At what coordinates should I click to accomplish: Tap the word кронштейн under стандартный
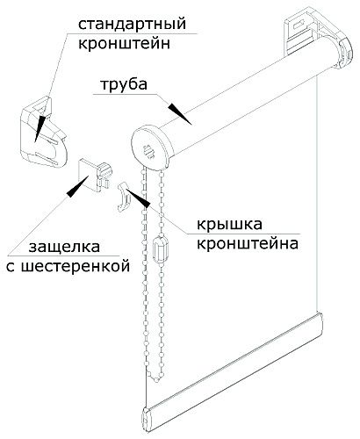point(124,44)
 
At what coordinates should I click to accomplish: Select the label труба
point(124,84)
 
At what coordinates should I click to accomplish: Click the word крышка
point(229,225)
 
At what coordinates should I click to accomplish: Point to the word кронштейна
point(248,243)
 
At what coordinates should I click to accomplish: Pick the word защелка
point(64,248)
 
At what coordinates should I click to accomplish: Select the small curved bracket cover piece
point(124,197)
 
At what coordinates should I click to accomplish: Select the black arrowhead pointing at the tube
point(179,113)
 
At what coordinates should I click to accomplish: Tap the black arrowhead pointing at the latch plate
point(78,186)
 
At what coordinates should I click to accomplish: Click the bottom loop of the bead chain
point(156,378)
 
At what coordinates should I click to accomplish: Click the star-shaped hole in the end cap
point(148,151)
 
